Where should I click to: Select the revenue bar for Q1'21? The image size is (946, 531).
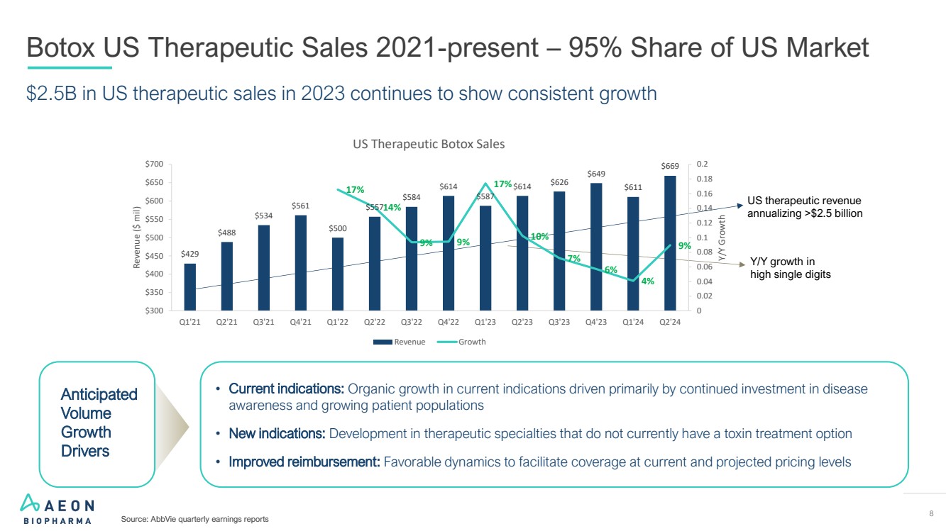[189, 287]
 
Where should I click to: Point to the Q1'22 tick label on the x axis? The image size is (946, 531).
[338, 321]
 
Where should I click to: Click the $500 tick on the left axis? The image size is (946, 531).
[155, 237]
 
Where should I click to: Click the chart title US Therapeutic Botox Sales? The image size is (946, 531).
[429, 144]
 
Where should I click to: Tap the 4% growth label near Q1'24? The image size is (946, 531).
[647, 281]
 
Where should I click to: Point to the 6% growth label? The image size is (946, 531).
[611, 269]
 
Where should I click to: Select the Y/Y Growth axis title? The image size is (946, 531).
[722, 237]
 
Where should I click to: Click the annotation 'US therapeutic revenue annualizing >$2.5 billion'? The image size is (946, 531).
[804, 207]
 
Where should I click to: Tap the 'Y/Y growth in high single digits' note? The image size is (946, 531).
[789, 268]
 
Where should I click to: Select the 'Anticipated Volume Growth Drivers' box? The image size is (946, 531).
[98, 423]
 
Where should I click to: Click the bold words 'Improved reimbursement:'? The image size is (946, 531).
[304, 462]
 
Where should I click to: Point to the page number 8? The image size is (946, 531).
[930, 513]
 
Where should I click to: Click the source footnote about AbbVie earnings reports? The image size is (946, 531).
[195, 520]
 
